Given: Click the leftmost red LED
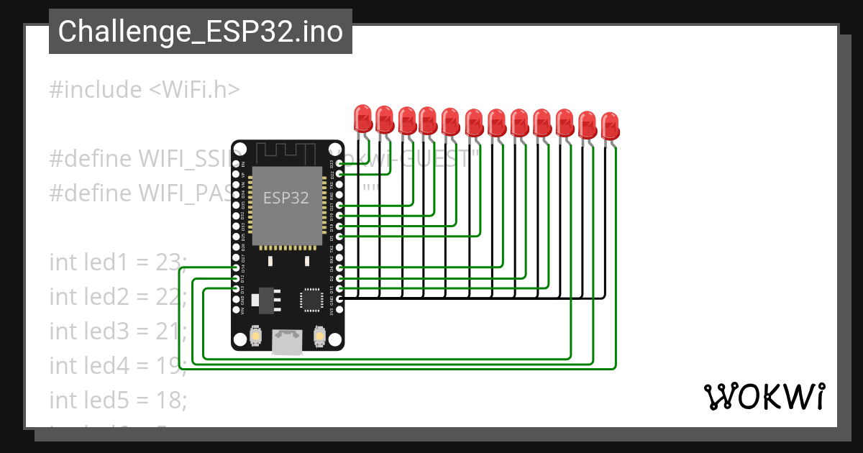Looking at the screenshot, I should [362, 117].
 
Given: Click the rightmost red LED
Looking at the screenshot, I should [609, 126].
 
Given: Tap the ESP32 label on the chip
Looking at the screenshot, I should [286, 198].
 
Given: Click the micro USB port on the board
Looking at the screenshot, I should [288, 342].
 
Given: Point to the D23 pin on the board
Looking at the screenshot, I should [339, 164].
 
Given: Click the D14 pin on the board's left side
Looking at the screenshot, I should [237, 267].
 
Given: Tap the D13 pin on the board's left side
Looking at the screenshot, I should [237, 288].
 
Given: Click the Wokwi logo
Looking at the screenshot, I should [764, 396].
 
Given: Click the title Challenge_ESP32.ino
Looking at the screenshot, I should [201, 32].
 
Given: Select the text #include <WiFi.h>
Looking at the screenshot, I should [145, 90].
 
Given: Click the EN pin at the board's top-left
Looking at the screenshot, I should [237, 164].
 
